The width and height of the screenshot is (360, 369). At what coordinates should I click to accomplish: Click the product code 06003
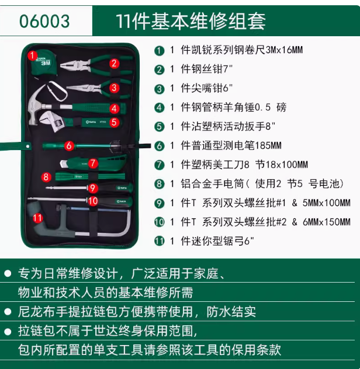(44, 22)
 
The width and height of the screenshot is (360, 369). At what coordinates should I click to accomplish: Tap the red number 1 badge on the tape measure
(32, 55)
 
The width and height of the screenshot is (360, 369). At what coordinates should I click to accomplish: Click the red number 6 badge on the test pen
(69, 145)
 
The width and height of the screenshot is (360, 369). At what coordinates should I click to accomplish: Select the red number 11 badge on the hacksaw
(38, 218)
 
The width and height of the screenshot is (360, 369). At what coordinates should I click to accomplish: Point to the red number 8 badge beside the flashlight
(46, 177)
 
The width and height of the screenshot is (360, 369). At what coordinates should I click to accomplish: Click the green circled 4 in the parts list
(160, 108)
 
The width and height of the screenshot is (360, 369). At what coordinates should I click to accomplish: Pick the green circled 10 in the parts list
(160, 222)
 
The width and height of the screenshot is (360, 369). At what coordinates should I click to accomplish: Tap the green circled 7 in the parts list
(160, 165)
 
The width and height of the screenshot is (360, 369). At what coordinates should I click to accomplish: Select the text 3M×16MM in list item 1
(284, 50)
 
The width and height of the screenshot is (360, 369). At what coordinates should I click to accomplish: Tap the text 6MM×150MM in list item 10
(327, 222)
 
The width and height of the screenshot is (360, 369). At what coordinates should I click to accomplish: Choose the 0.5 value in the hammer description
(263, 107)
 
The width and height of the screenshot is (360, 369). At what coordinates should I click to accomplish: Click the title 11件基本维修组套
(191, 21)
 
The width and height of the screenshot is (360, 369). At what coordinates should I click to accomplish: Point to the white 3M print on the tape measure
(46, 63)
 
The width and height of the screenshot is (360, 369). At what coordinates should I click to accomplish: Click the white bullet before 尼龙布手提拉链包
(8, 312)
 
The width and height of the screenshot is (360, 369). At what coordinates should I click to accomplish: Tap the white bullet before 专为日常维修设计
(8, 273)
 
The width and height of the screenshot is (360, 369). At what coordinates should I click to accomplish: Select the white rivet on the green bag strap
(28, 147)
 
